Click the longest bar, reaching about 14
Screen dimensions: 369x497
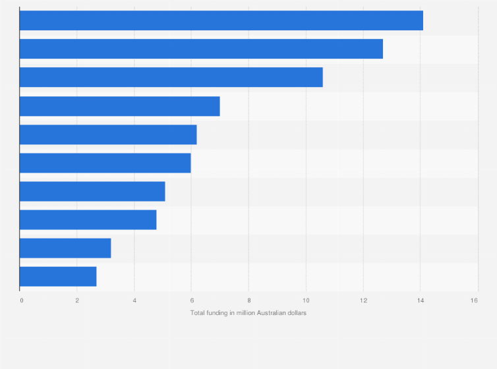pos(221,20)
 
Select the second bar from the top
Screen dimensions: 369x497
pos(201,49)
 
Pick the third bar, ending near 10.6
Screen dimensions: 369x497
pos(171,77)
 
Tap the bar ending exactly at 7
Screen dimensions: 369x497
pos(119,106)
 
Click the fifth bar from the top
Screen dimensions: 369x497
pos(108,134)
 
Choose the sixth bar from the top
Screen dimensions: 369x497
pos(105,163)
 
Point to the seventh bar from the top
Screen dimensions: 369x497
pos(92,191)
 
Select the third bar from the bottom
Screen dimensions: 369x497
pos(88,219)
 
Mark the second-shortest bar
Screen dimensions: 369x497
pos(65,248)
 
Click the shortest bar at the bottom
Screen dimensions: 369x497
pos(58,277)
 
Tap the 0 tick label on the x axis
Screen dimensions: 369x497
pos(22,300)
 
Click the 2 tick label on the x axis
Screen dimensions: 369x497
pos(77,300)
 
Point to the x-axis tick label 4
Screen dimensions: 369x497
pos(134,300)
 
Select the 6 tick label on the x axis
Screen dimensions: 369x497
pos(192,300)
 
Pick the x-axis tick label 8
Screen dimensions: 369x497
pos(249,300)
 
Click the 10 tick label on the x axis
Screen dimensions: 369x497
pos(306,300)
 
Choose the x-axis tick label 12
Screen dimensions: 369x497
pos(363,300)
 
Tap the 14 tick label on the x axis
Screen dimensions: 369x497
pos(420,300)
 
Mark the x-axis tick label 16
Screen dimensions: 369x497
pos(474,300)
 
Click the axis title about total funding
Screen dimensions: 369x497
pos(248,312)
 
